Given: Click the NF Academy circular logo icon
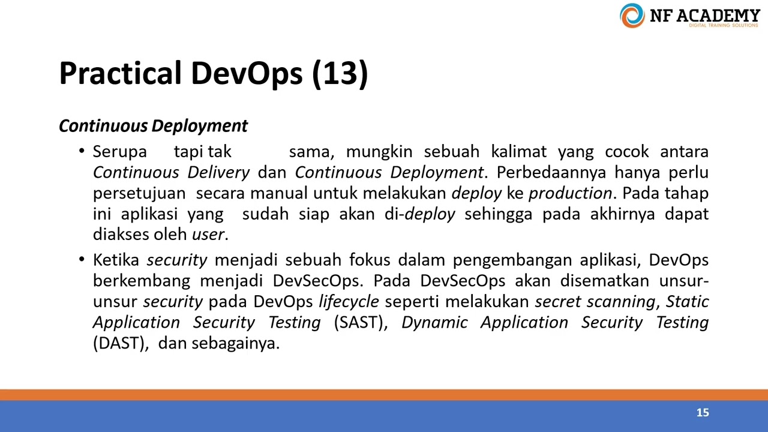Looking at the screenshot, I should pyautogui.click(x=632, y=16).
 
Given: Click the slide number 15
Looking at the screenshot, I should pyautogui.click(x=703, y=413).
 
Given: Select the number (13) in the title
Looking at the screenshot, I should pyautogui.click(x=340, y=73).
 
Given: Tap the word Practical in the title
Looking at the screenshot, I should pyautogui.click(x=120, y=73).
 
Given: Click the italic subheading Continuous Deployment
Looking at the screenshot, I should pyautogui.click(x=153, y=126).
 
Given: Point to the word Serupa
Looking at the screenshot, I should pyautogui.click(x=119, y=152).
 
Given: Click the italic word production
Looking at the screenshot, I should pyautogui.click(x=570, y=193).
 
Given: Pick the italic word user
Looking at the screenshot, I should pyautogui.click(x=208, y=235).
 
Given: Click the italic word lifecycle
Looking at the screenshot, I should pyautogui.click(x=349, y=302).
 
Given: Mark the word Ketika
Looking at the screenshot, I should pyautogui.click(x=116, y=260).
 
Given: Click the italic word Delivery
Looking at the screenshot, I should pyautogui.click(x=218, y=173).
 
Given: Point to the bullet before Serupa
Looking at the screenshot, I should pyautogui.click(x=82, y=151).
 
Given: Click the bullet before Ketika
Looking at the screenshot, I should pyautogui.click(x=82, y=260).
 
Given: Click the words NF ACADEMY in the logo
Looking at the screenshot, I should pyautogui.click(x=704, y=15).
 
